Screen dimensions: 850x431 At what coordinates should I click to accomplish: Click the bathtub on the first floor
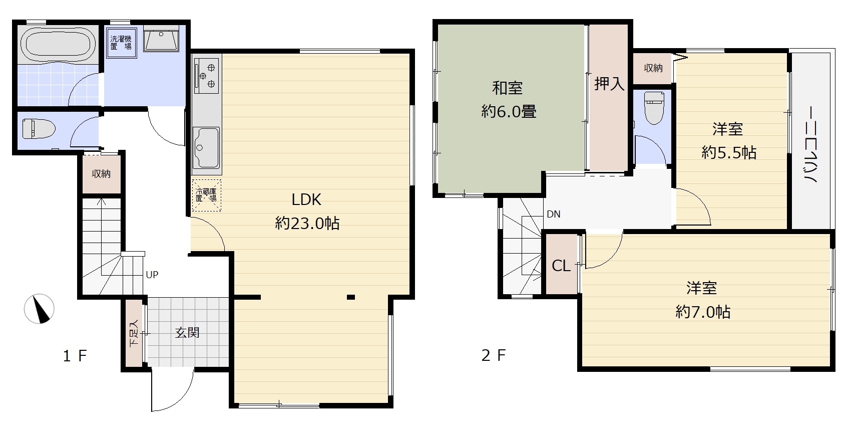coord(58,45)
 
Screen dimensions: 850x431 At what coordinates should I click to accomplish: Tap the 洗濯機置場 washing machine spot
coord(122,43)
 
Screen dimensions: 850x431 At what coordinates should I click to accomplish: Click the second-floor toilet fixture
coord(654,108)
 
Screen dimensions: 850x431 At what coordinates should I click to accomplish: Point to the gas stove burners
coord(207,76)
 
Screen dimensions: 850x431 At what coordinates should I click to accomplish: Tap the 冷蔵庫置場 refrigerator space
coord(206,195)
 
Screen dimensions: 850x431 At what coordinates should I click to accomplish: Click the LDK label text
coord(306,199)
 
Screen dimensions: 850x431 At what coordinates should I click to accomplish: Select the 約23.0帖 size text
coord(307,224)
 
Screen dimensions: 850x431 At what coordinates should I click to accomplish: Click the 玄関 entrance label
coord(187,333)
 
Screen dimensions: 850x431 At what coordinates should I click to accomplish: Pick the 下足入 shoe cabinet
coord(134,333)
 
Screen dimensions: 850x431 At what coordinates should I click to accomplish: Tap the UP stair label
coord(152,275)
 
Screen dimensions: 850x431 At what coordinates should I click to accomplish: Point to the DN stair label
coord(554,214)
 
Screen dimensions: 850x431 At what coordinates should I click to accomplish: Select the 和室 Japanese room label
coord(507,88)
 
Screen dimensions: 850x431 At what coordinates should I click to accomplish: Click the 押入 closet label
coord(609,84)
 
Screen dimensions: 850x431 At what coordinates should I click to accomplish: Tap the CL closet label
coord(561,266)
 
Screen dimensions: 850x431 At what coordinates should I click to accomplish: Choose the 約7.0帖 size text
coord(703,312)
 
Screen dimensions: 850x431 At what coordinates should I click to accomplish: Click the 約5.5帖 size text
coord(729,152)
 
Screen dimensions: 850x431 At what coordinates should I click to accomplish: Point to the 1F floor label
coord(75,356)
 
